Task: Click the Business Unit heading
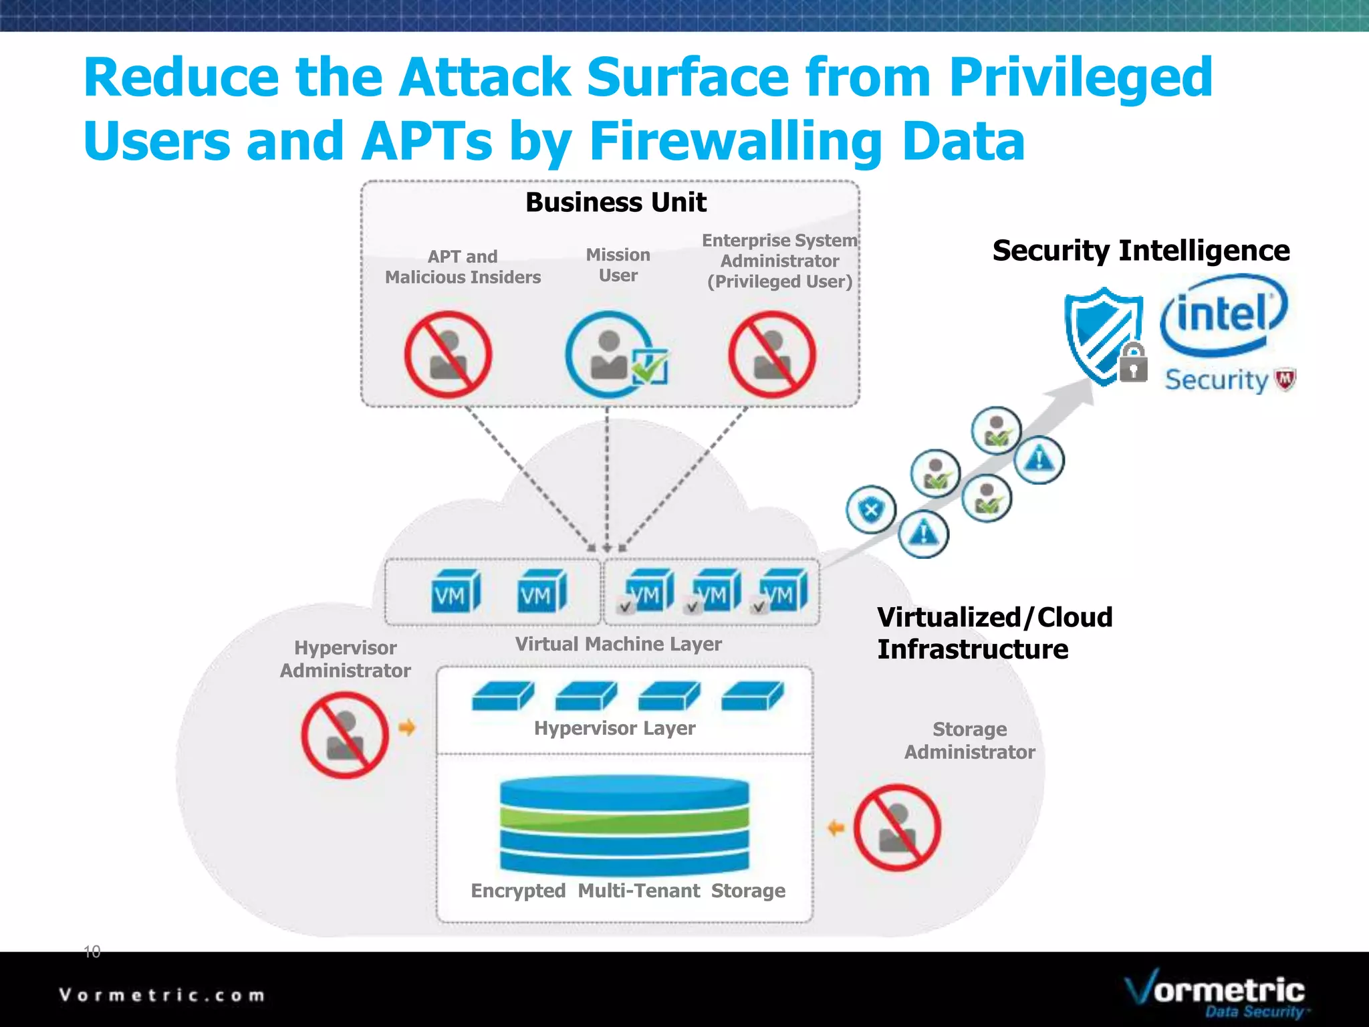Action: coord(616,203)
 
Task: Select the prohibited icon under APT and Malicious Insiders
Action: coord(448,355)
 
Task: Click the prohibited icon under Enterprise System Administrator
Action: coord(772,355)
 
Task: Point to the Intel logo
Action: coord(1223,314)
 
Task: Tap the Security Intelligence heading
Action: coord(1140,251)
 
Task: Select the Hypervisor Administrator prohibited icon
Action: coord(345,735)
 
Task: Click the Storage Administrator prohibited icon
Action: coord(897,828)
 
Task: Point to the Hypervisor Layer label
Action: coord(614,728)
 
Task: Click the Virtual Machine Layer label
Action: coord(618,644)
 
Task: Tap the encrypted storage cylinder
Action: coord(624,826)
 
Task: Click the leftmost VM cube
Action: coord(455,592)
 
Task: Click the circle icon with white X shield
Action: coord(870,510)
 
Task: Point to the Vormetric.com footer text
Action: coord(162,995)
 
